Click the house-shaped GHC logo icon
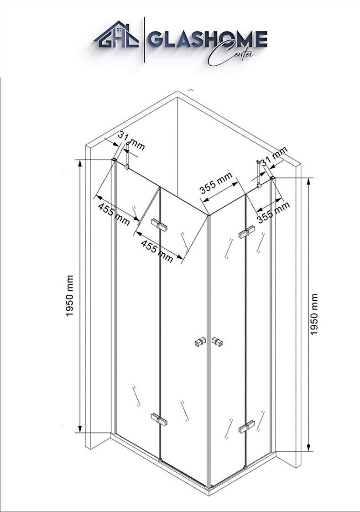[x=116, y=36]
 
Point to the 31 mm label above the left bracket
[x=131, y=140]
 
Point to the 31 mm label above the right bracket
[x=274, y=156]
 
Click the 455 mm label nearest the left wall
[x=114, y=214]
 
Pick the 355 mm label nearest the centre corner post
[x=216, y=183]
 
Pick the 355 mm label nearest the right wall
[x=273, y=212]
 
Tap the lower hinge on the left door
[x=158, y=418]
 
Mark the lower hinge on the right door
[x=246, y=427]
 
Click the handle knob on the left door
[x=199, y=341]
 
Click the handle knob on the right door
[x=217, y=341]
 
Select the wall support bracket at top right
[x=261, y=174]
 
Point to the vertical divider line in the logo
[x=145, y=40]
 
